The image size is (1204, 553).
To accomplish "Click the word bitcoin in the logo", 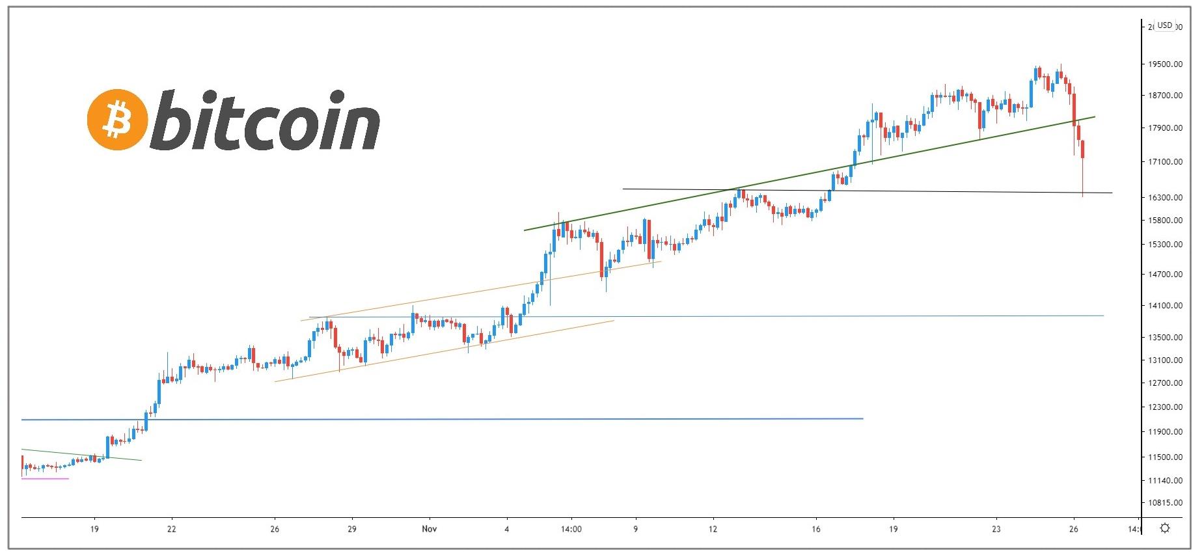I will point(266,120).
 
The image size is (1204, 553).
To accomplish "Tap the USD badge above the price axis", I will point(1164,25).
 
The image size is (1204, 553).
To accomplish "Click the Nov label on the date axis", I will point(429,529).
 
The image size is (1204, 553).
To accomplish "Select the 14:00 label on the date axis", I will point(571,529).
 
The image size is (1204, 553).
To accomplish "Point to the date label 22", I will point(171,529).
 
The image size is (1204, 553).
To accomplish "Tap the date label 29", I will point(351,529).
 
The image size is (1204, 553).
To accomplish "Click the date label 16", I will point(816,529).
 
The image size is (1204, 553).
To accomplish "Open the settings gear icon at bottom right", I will point(1165,528).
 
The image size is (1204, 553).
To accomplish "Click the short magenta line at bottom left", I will point(45,479).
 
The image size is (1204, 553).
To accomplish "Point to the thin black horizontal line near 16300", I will point(911,191).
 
